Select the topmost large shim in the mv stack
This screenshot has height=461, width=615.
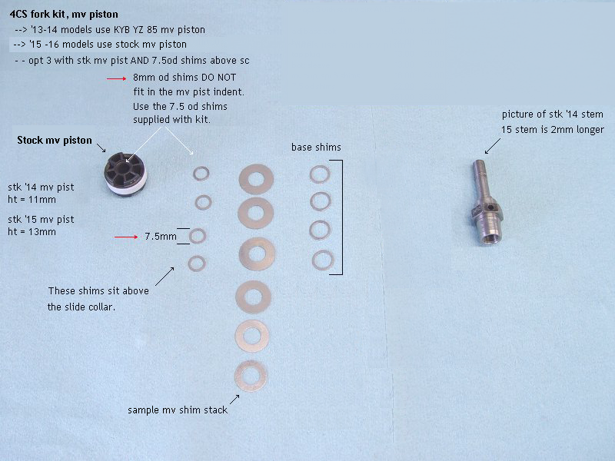(256, 179)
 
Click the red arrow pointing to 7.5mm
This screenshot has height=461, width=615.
(126, 237)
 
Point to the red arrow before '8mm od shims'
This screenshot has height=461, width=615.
(117, 79)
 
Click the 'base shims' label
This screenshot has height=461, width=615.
(316, 148)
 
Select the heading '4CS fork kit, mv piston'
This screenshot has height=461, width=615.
(64, 15)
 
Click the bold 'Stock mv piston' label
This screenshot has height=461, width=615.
(55, 141)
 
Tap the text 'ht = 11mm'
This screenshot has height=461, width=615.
(32, 200)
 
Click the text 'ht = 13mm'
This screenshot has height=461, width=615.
(32, 232)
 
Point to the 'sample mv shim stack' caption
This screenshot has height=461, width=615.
(178, 410)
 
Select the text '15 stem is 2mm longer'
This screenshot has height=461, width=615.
(553, 130)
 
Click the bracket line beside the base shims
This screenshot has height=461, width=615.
(342, 217)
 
